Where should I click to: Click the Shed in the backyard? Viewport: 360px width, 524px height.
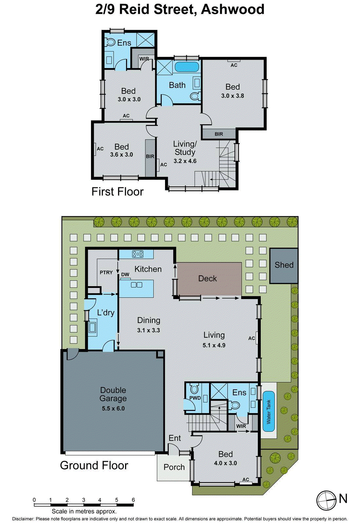coord(284,265)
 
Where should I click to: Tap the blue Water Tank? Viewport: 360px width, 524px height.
coord(269,411)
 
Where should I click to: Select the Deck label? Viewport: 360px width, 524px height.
coord(207,278)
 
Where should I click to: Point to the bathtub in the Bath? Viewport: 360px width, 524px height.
coord(186,67)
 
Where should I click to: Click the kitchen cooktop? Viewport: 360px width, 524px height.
coord(138,253)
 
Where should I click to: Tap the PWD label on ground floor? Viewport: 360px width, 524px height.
coord(195,398)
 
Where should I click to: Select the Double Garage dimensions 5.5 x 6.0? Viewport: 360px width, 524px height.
coord(113,408)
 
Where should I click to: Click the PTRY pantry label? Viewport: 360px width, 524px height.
coord(106,272)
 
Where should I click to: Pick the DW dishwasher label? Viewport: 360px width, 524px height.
coord(125,274)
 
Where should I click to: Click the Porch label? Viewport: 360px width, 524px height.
coord(174,467)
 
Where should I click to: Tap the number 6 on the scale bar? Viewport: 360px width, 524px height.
coord(133,500)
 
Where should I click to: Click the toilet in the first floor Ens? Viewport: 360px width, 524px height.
coord(110,42)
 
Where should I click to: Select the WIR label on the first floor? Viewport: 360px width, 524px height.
coord(144,59)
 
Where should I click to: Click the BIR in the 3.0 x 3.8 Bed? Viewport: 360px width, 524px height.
coord(219,134)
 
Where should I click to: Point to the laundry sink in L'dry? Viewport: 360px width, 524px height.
coord(92,327)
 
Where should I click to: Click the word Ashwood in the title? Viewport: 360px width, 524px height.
coord(233,9)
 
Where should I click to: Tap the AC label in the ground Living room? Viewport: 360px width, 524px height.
coord(252,338)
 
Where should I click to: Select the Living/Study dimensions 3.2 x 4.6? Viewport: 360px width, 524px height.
coord(185,161)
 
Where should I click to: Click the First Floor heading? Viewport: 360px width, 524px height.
coord(117,192)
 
